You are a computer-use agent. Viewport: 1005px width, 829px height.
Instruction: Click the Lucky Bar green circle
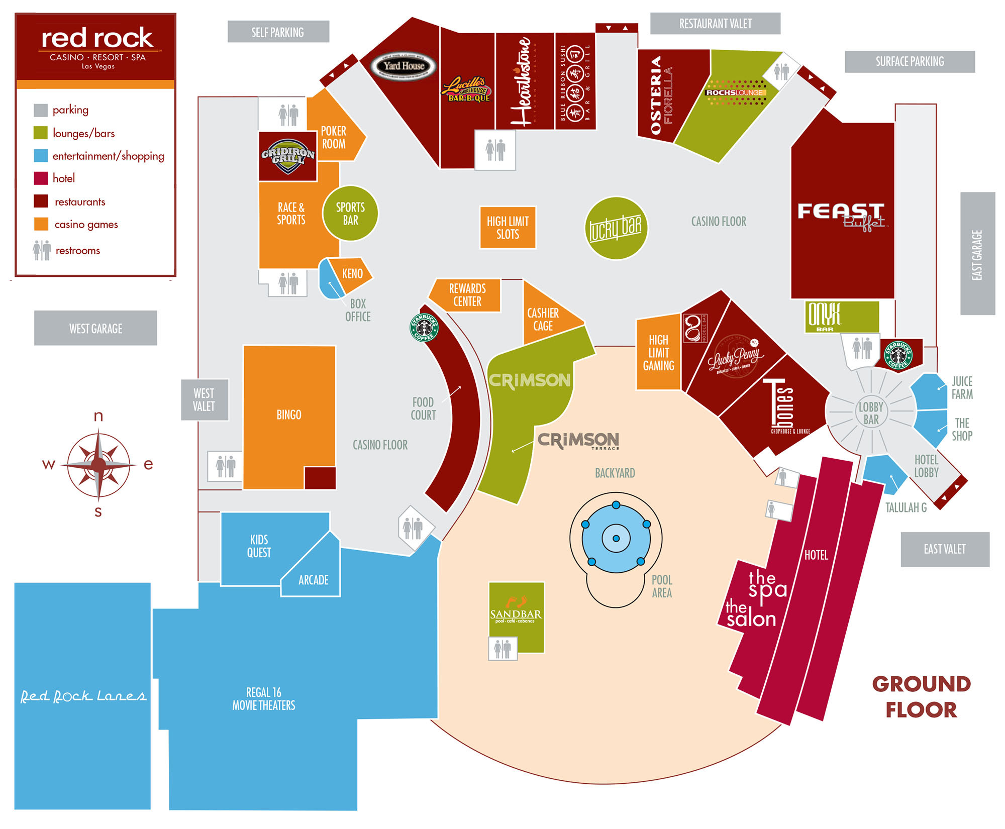pyautogui.click(x=616, y=228)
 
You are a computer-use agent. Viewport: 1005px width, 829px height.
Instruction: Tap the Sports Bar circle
pyautogui.click(x=350, y=214)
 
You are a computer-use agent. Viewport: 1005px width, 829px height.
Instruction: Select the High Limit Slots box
pyautogui.click(x=508, y=228)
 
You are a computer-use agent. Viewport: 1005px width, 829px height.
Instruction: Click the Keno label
pyautogui.click(x=352, y=274)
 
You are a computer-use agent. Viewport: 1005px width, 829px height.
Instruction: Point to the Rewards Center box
pyautogui.click(x=467, y=295)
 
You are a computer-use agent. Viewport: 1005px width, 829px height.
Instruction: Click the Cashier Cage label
pyautogui.click(x=543, y=320)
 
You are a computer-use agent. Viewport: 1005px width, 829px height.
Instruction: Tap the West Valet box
pyautogui.click(x=204, y=399)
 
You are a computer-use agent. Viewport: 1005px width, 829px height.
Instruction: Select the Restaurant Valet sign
pyautogui.click(x=715, y=24)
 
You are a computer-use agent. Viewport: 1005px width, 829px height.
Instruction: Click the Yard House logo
pyautogui.click(x=404, y=66)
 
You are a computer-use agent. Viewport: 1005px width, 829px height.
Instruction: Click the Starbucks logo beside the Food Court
pyautogui.click(x=424, y=328)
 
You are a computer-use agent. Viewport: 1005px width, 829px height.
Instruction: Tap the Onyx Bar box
pyautogui.click(x=842, y=317)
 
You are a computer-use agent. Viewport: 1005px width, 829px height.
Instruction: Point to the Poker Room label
pyautogui.click(x=334, y=137)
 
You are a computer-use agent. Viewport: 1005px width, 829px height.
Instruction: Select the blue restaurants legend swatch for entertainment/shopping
pyautogui.click(x=41, y=156)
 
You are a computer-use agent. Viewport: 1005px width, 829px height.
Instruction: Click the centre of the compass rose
pyautogui.click(x=98, y=465)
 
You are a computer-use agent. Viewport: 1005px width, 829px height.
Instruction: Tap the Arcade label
pyautogui.click(x=313, y=580)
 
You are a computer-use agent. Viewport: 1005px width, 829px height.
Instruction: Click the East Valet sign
pyautogui.click(x=945, y=549)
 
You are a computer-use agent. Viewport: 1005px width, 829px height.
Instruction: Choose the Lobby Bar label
pyautogui.click(x=871, y=413)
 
